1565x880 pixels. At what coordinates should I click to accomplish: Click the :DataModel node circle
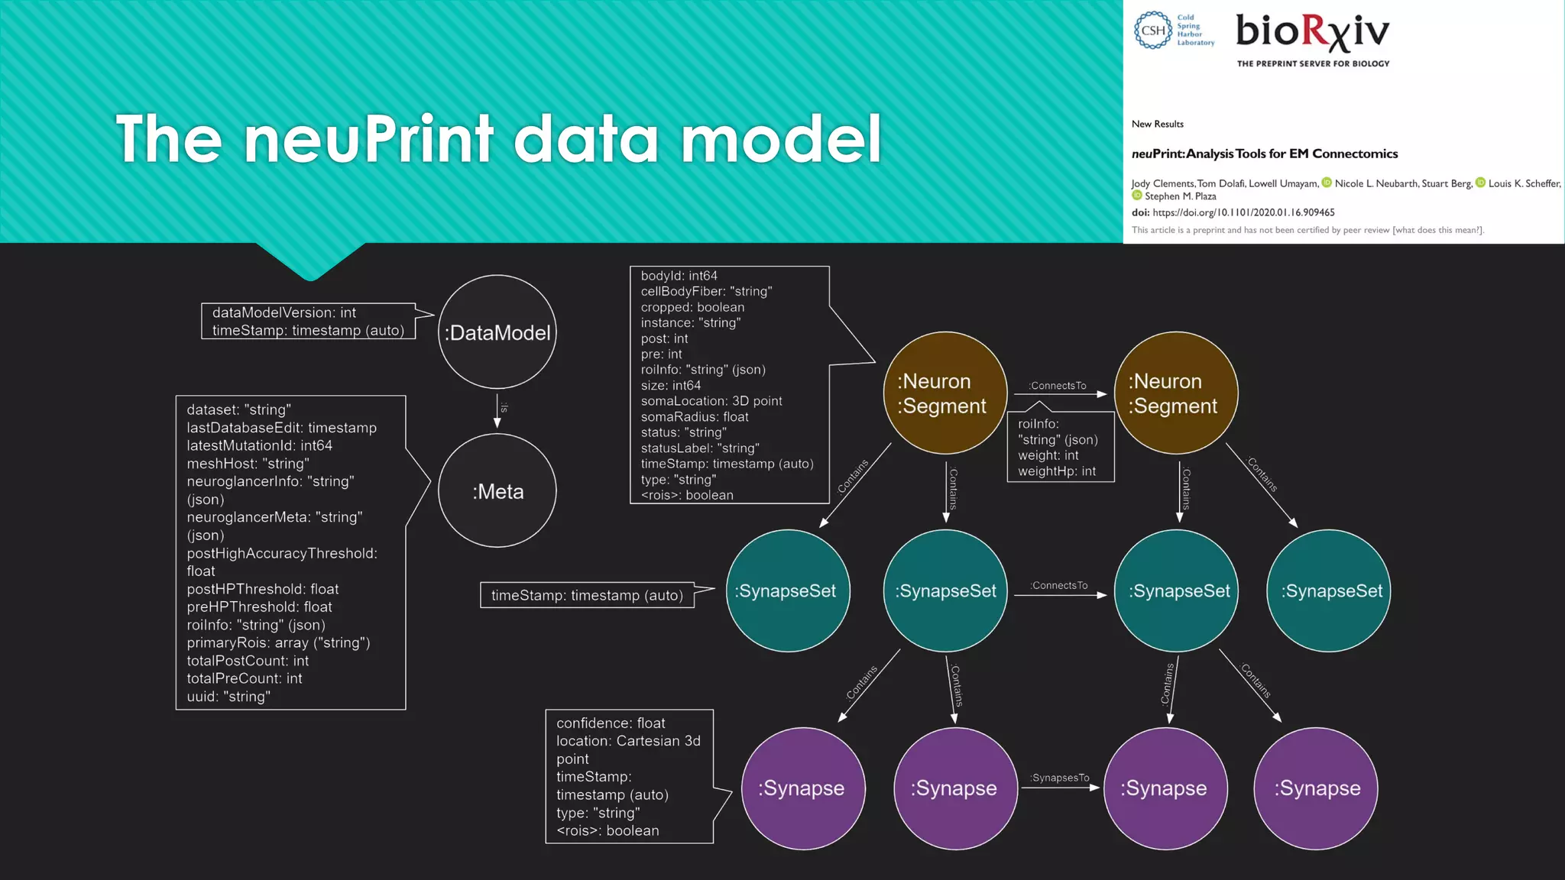[497, 332]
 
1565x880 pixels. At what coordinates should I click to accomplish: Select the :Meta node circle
[497, 491]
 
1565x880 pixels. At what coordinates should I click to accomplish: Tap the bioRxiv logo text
[1312, 33]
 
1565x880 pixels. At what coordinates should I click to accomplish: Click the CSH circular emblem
[1153, 31]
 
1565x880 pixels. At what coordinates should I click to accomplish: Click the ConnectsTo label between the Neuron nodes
[1058, 386]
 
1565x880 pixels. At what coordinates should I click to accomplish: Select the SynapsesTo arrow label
[1060, 778]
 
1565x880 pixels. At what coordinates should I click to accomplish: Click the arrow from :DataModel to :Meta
[497, 412]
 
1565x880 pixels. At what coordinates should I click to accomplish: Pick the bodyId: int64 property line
[679, 276]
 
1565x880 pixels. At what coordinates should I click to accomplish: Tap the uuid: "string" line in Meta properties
[228, 697]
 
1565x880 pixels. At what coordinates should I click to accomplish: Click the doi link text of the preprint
[1243, 212]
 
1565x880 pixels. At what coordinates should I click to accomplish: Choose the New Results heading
[1157, 124]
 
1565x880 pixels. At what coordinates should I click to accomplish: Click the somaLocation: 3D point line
[711, 401]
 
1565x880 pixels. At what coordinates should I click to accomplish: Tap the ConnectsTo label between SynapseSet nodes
[1059, 585]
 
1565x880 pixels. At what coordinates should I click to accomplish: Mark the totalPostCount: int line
[248, 661]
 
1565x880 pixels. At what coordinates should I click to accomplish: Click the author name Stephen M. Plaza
[1180, 196]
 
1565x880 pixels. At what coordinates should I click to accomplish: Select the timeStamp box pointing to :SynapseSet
[587, 595]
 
